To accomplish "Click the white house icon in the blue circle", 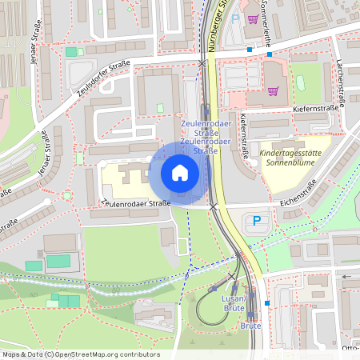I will pos(180,173).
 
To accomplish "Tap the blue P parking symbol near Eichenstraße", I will pos(257,220).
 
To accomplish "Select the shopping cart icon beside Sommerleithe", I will pos(253,20).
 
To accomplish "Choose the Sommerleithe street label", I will pos(266,24).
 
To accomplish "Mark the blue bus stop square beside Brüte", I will pos(267,303).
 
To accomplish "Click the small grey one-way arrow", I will pos(346,276).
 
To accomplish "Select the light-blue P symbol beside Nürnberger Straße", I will pos(235,16).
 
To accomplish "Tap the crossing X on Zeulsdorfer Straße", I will pos(202,62).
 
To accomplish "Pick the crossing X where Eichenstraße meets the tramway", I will pos(213,206).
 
